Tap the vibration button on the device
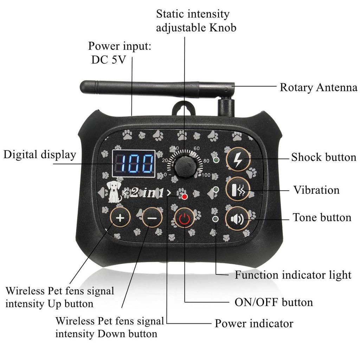tap(238, 190)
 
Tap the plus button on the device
tap(120, 218)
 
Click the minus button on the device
tap(152, 218)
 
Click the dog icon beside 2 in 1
tap(113, 192)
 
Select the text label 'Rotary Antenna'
tap(318, 88)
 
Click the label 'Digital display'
tap(40, 155)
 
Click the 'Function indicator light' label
tap(293, 275)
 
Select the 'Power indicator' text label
tap(254, 323)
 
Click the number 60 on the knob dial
tap(197, 148)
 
